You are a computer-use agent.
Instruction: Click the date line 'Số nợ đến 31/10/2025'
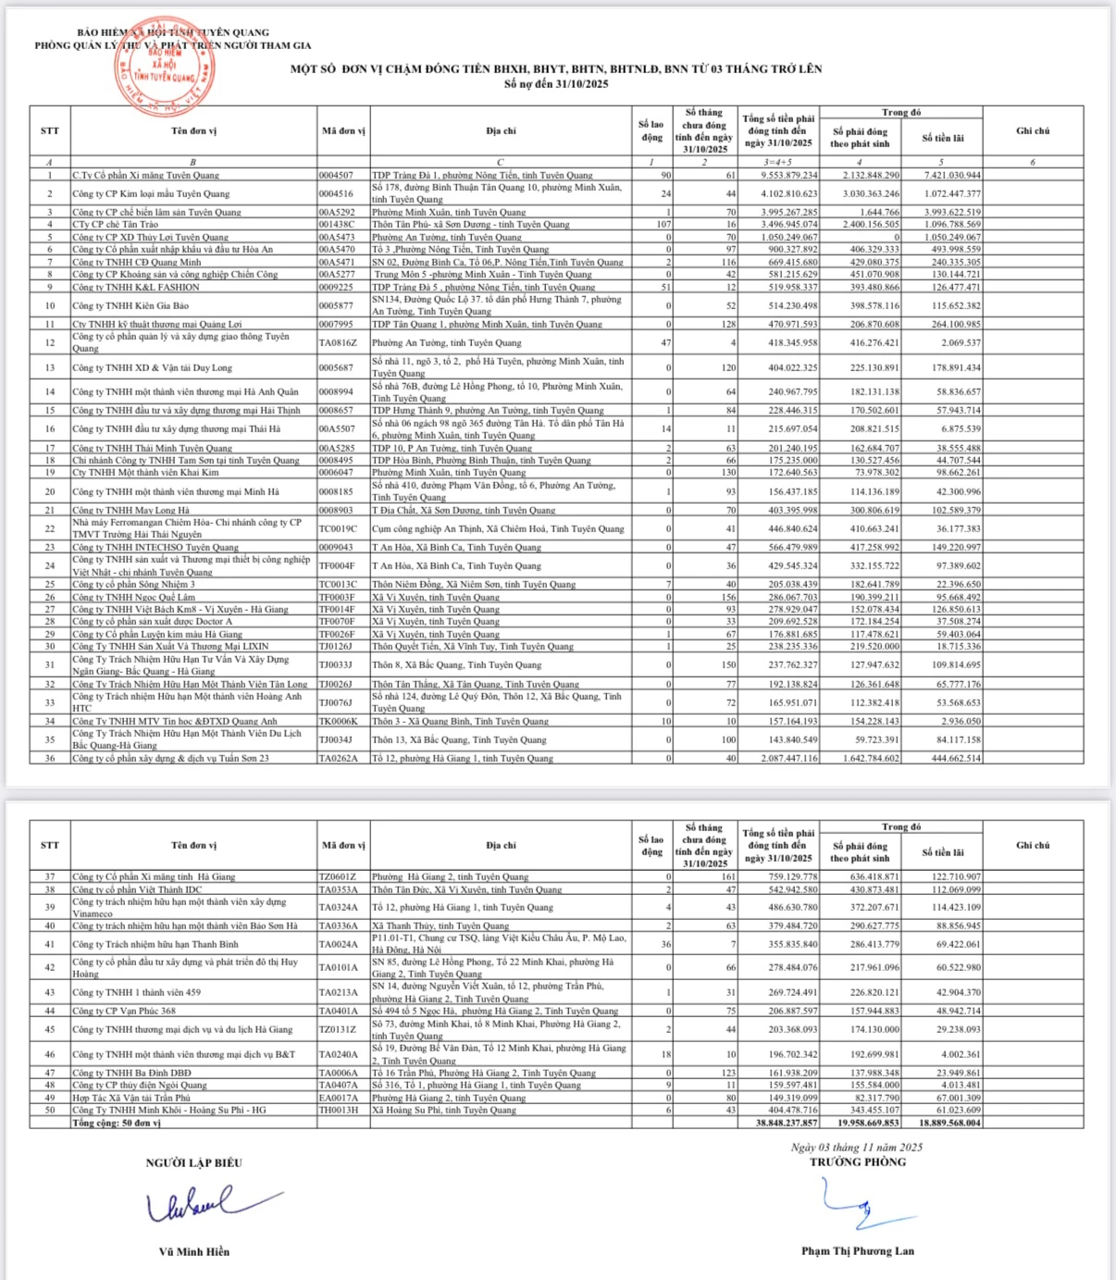click(x=556, y=84)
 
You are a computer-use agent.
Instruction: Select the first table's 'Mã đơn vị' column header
click(x=343, y=131)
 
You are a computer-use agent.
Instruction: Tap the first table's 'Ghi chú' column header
click(x=1033, y=131)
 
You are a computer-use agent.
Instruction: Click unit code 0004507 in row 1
click(x=336, y=175)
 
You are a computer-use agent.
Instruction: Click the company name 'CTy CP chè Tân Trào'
click(x=116, y=225)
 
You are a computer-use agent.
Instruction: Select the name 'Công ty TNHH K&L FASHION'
click(x=136, y=287)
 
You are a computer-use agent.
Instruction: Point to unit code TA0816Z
click(x=338, y=342)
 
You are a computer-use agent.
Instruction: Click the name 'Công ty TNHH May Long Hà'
click(x=130, y=510)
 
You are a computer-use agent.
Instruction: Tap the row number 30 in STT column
click(x=50, y=646)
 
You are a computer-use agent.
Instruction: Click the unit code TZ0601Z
click(x=338, y=876)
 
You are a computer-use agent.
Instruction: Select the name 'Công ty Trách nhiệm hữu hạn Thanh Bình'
click(x=155, y=944)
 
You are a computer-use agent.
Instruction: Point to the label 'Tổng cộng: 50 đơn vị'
click(x=117, y=1123)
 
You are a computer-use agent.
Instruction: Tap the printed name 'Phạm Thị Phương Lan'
click(x=858, y=1251)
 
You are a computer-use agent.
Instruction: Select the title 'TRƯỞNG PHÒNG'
click(x=858, y=1162)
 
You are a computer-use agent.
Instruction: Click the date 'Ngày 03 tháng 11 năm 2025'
click(x=857, y=1148)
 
